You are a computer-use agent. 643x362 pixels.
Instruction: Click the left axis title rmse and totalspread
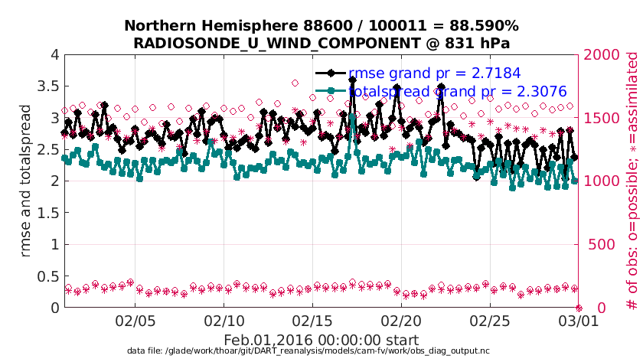(x=25, y=181)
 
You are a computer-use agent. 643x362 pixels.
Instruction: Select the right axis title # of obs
(x=632, y=181)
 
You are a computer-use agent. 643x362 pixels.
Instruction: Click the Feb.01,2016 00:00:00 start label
(x=321, y=340)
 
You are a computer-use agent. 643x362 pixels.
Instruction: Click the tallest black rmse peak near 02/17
(x=352, y=80)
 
